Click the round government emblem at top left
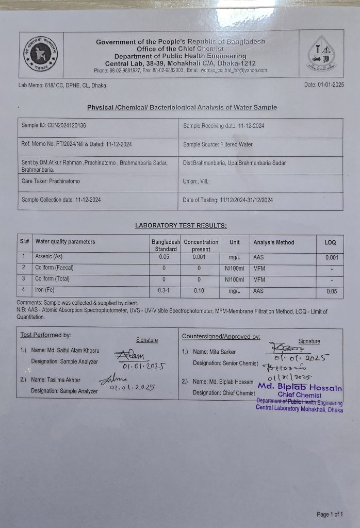[x=40, y=54]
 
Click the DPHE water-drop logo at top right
[x=321, y=54]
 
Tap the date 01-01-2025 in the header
[x=324, y=85]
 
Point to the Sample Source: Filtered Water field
[x=218, y=144]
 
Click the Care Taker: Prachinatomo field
[x=51, y=181]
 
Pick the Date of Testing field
[x=227, y=200]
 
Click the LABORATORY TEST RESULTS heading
[x=181, y=225]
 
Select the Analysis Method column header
[x=273, y=242]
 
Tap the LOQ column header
[x=330, y=242]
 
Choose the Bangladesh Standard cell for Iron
[x=164, y=291]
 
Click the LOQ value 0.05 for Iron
[x=332, y=291]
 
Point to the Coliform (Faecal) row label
[x=54, y=268]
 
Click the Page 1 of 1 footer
[x=330, y=514]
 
